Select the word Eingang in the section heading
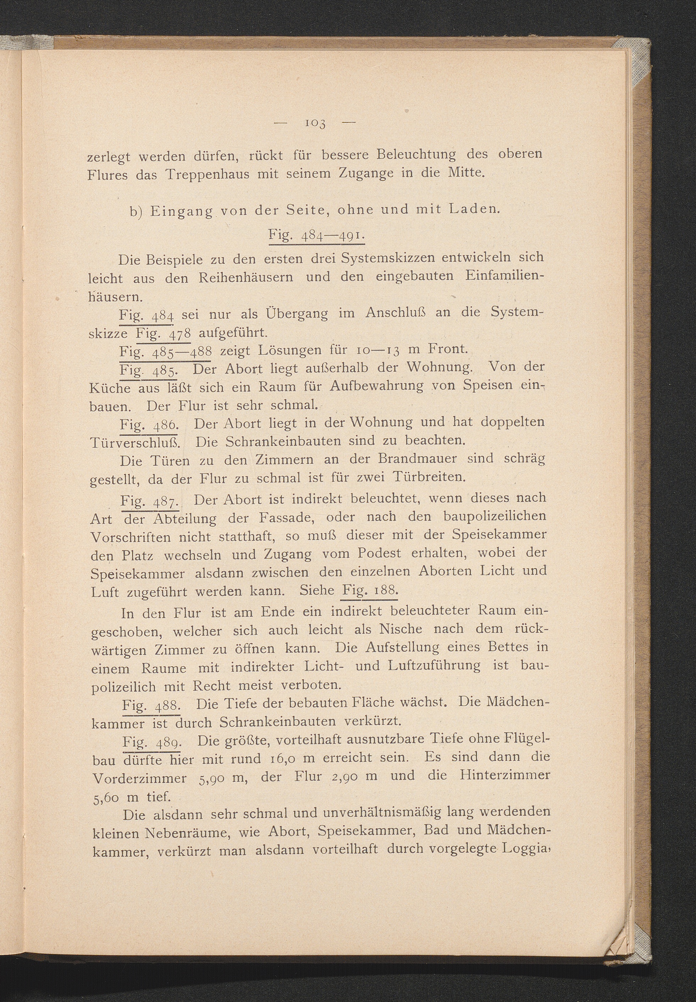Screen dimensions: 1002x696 (181, 211)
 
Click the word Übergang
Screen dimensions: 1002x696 (296, 314)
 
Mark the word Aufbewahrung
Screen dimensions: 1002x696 (376, 386)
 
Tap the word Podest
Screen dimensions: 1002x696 (379, 553)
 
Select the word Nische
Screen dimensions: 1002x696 (401, 629)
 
